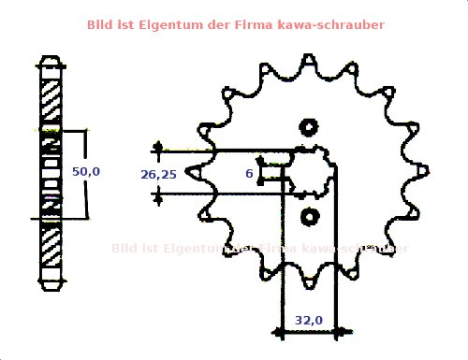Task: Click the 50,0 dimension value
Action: pyautogui.click(x=85, y=172)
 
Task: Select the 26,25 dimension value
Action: pyautogui.click(x=158, y=174)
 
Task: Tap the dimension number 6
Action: pyautogui.click(x=249, y=174)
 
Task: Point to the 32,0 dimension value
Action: pyautogui.click(x=309, y=320)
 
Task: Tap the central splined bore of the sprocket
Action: pyautogui.click(x=309, y=172)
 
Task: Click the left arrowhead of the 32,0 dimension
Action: pyautogui.click(x=282, y=330)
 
